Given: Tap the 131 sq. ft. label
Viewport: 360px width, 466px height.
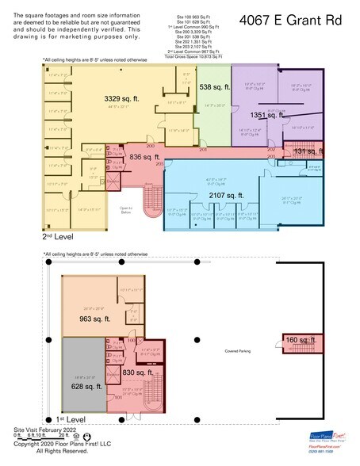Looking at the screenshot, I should (304, 151).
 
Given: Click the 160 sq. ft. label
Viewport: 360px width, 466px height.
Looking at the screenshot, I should (301, 340).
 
